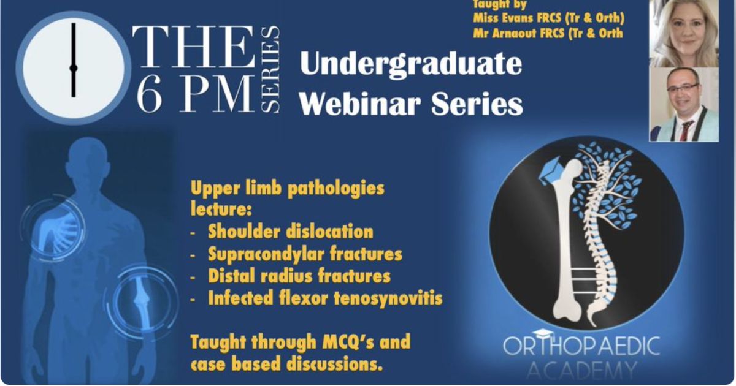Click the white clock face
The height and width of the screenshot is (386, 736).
click(74, 68)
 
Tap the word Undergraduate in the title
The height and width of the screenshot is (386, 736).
click(411, 64)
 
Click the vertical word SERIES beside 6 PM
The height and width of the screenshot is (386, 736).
click(270, 70)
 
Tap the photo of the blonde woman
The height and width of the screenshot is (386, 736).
click(684, 33)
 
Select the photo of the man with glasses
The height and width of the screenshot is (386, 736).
click(684, 104)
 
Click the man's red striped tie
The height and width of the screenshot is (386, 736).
click(686, 131)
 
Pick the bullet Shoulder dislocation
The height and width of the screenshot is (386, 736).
click(291, 232)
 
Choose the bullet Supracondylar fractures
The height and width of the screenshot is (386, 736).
click(305, 254)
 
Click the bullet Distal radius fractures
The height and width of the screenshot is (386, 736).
click(299, 276)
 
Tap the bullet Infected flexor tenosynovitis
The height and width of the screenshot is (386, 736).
click(325, 298)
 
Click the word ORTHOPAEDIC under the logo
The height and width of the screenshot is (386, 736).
click(581, 346)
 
